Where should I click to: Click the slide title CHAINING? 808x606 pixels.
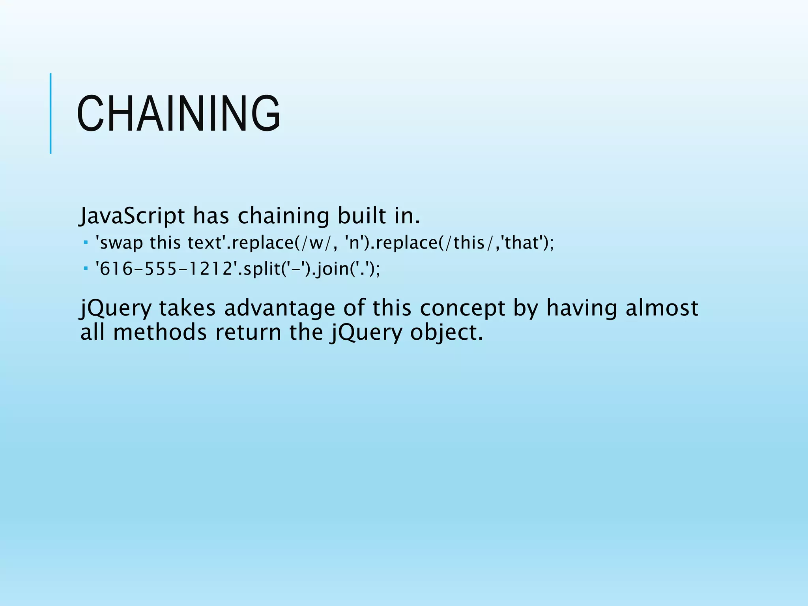pos(178,114)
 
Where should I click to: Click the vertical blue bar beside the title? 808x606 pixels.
pos(50,114)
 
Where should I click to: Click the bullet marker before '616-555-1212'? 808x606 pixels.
pos(86,268)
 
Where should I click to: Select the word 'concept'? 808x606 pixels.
pos(462,308)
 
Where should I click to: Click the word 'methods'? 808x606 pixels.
pos(160,332)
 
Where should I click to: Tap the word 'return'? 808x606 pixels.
pos(248,332)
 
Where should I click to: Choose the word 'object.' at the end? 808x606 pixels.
pos(446,332)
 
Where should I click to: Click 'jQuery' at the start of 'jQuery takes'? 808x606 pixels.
pos(116,308)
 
